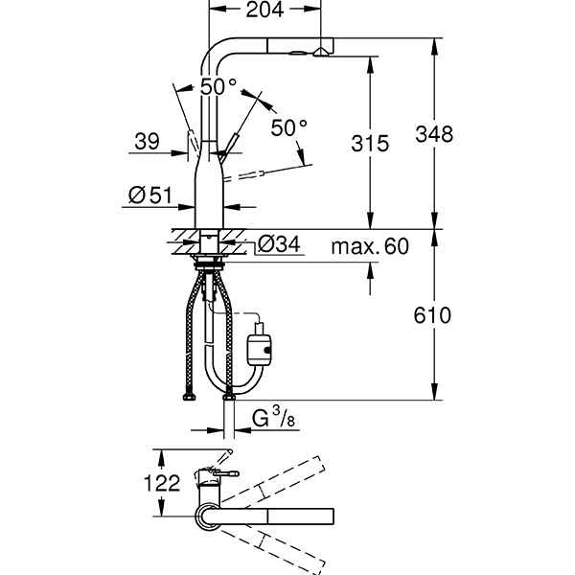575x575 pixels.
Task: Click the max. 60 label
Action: click(x=370, y=246)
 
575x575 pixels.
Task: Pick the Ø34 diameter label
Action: click(x=281, y=245)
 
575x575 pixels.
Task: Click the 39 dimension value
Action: click(x=147, y=143)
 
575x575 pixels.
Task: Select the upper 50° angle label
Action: click(x=218, y=86)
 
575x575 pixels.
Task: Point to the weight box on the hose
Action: click(x=261, y=348)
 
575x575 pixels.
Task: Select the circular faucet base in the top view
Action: click(x=208, y=517)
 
